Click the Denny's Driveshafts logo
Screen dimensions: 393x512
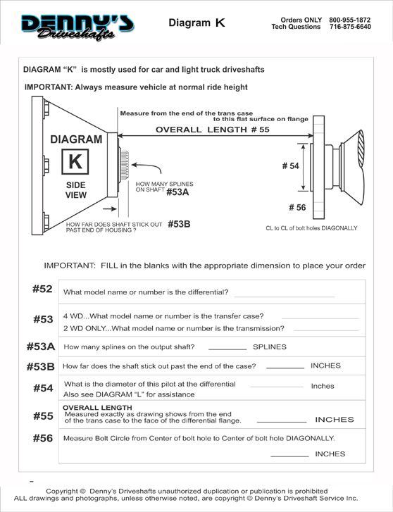coord(77,27)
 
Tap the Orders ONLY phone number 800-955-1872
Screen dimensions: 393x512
coord(349,20)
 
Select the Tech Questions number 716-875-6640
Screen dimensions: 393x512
coord(350,27)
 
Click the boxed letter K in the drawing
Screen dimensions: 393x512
coord(75,161)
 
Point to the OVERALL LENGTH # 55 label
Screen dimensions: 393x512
coord(212,130)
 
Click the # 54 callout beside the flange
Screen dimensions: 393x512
coord(290,166)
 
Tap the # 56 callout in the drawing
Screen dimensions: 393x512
coord(297,207)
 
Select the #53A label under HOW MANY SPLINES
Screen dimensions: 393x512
coord(177,192)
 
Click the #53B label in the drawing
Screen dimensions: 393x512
coord(179,224)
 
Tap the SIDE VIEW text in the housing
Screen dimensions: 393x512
coord(76,190)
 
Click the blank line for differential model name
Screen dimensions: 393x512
coord(285,296)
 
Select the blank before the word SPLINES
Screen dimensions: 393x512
coord(227,349)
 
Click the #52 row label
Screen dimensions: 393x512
coord(42,289)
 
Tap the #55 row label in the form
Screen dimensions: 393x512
coord(43,416)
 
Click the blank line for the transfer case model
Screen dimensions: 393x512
coord(320,318)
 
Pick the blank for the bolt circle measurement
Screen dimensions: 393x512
coord(289,456)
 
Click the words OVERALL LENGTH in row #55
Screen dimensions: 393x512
coord(97,408)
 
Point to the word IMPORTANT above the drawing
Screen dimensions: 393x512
coord(48,87)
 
